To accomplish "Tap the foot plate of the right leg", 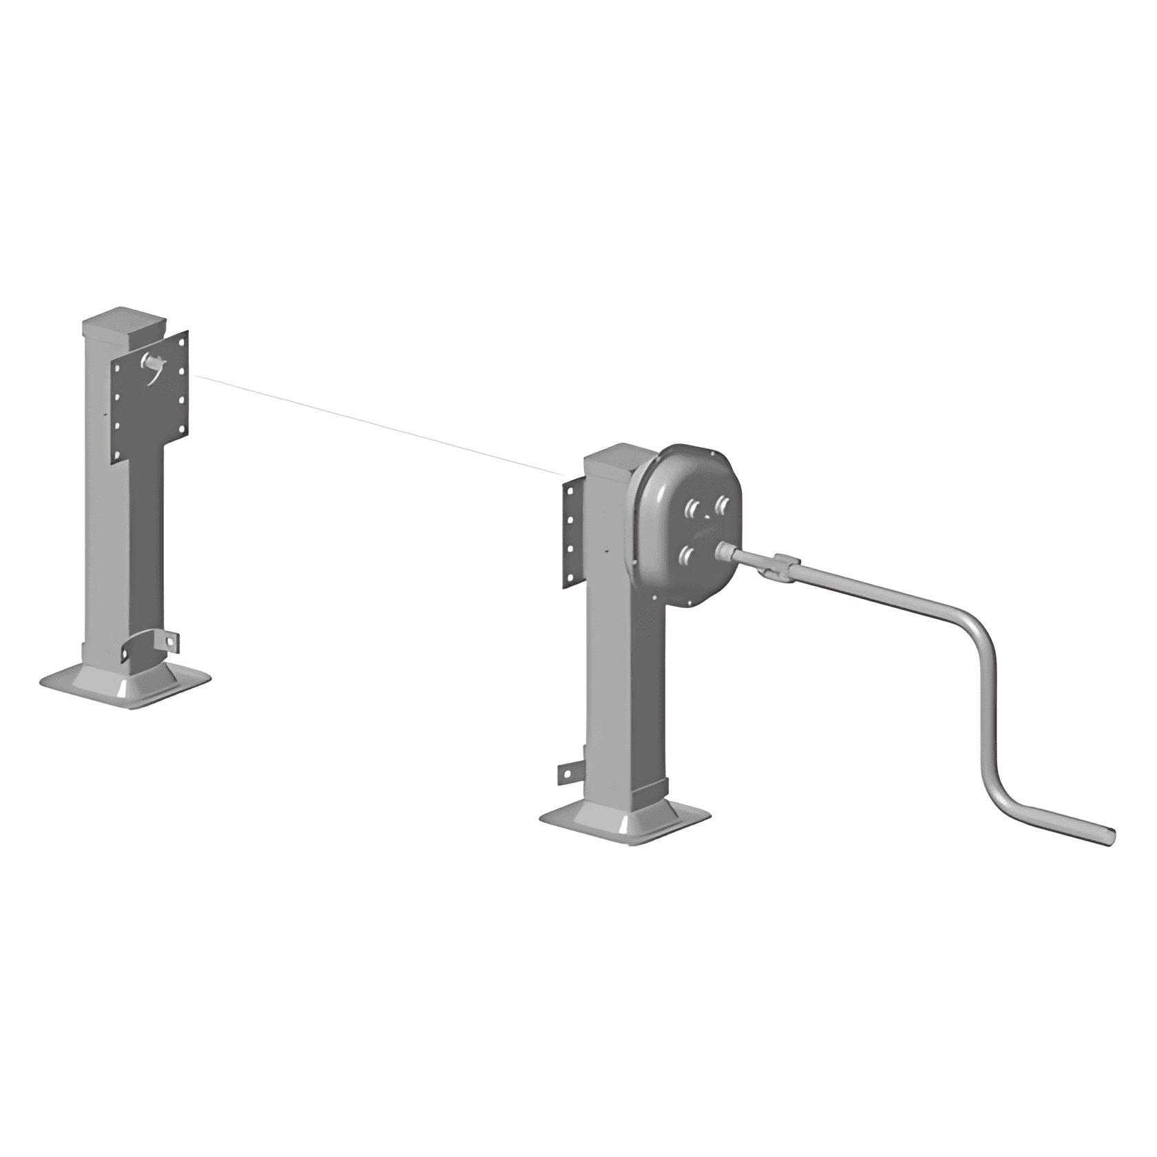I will pos(623,823).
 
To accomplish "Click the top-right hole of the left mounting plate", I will pos(183,343).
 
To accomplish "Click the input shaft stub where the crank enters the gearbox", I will pos(727,551).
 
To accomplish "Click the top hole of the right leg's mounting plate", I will pos(570,490).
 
